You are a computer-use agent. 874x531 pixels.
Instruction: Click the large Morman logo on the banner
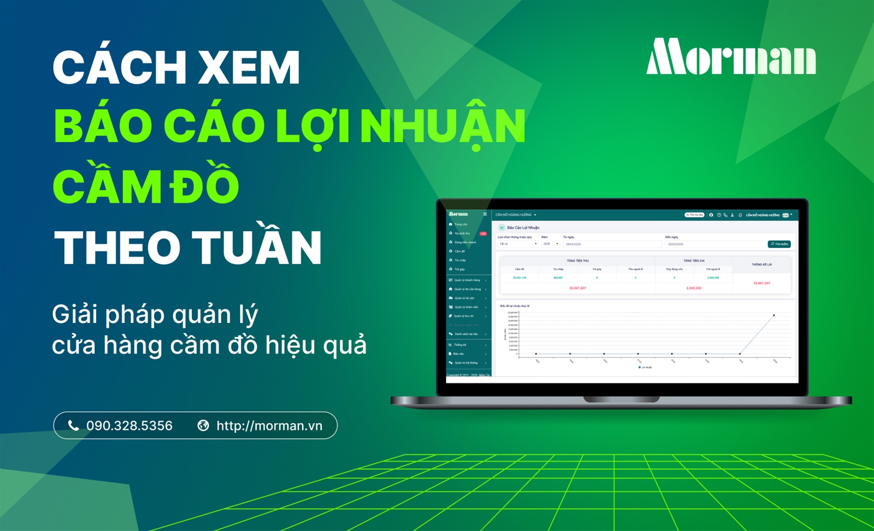(x=731, y=57)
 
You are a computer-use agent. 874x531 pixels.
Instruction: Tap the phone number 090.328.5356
(x=129, y=426)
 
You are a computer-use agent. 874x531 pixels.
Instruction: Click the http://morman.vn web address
(x=269, y=426)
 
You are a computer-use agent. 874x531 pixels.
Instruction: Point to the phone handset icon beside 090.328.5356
(x=73, y=426)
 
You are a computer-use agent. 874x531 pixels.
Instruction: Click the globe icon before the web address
(x=203, y=426)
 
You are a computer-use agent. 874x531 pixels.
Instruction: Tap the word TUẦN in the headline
(x=257, y=247)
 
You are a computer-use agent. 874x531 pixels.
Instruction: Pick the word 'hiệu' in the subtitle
(x=289, y=345)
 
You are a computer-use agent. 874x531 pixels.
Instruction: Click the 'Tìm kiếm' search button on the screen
(x=779, y=244)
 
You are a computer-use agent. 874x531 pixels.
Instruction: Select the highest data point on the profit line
(x=773, y=315)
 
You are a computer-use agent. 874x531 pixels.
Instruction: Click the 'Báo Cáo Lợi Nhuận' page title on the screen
(x=523, y=228)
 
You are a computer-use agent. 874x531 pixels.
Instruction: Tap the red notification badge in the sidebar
(x=483, y=234)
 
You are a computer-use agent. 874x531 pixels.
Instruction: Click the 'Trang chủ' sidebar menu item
(x=460, y=225)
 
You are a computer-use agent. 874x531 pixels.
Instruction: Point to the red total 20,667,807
(x=577, y=288)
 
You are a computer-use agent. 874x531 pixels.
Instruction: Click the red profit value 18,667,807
(x=761, y=284)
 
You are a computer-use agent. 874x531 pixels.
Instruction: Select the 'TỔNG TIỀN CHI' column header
(x=694, y=261)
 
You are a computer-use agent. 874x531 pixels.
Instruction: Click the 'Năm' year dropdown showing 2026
(x=550, y=244)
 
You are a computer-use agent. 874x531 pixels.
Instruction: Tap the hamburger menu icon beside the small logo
(x=485, y=214)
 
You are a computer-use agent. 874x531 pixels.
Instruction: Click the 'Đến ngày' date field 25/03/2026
(x=716, y=244)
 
